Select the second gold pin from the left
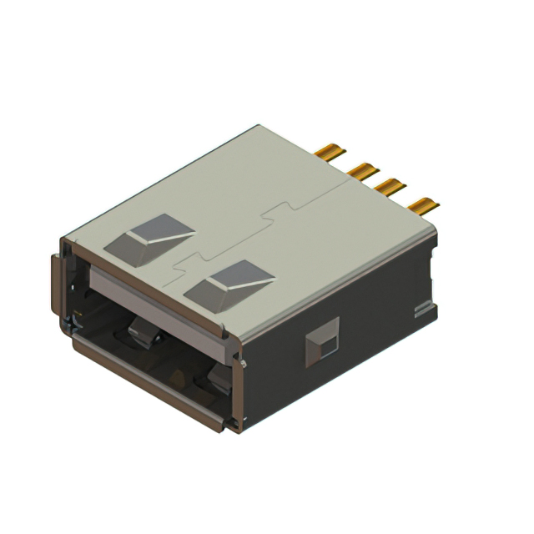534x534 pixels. pyautogui.click(x=363, y=172)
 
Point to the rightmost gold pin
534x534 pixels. pyautogui.click(x=424, y=205)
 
